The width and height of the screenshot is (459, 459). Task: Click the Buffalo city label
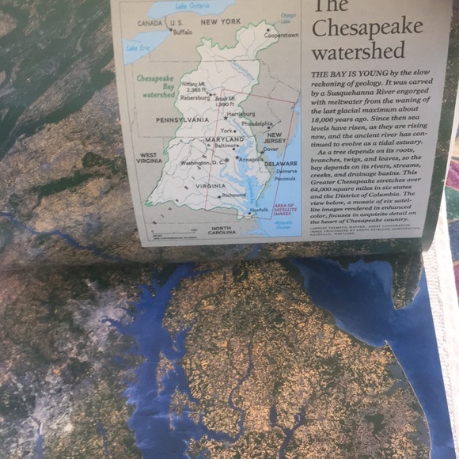[x=182, y=32]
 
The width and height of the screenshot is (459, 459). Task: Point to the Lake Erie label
[x=138, y=48]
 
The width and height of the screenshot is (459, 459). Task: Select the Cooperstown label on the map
[x=282, y=36]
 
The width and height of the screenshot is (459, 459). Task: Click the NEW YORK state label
[x=221, y=22]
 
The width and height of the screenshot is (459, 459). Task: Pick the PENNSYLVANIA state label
[x=182, y=119]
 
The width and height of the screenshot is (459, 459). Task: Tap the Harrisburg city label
[x=241, y=114]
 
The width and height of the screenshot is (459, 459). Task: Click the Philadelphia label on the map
[x=257, y=124]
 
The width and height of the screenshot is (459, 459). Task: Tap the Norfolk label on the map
[x=259, y=210]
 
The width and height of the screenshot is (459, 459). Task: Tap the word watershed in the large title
[x=358, y=52]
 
